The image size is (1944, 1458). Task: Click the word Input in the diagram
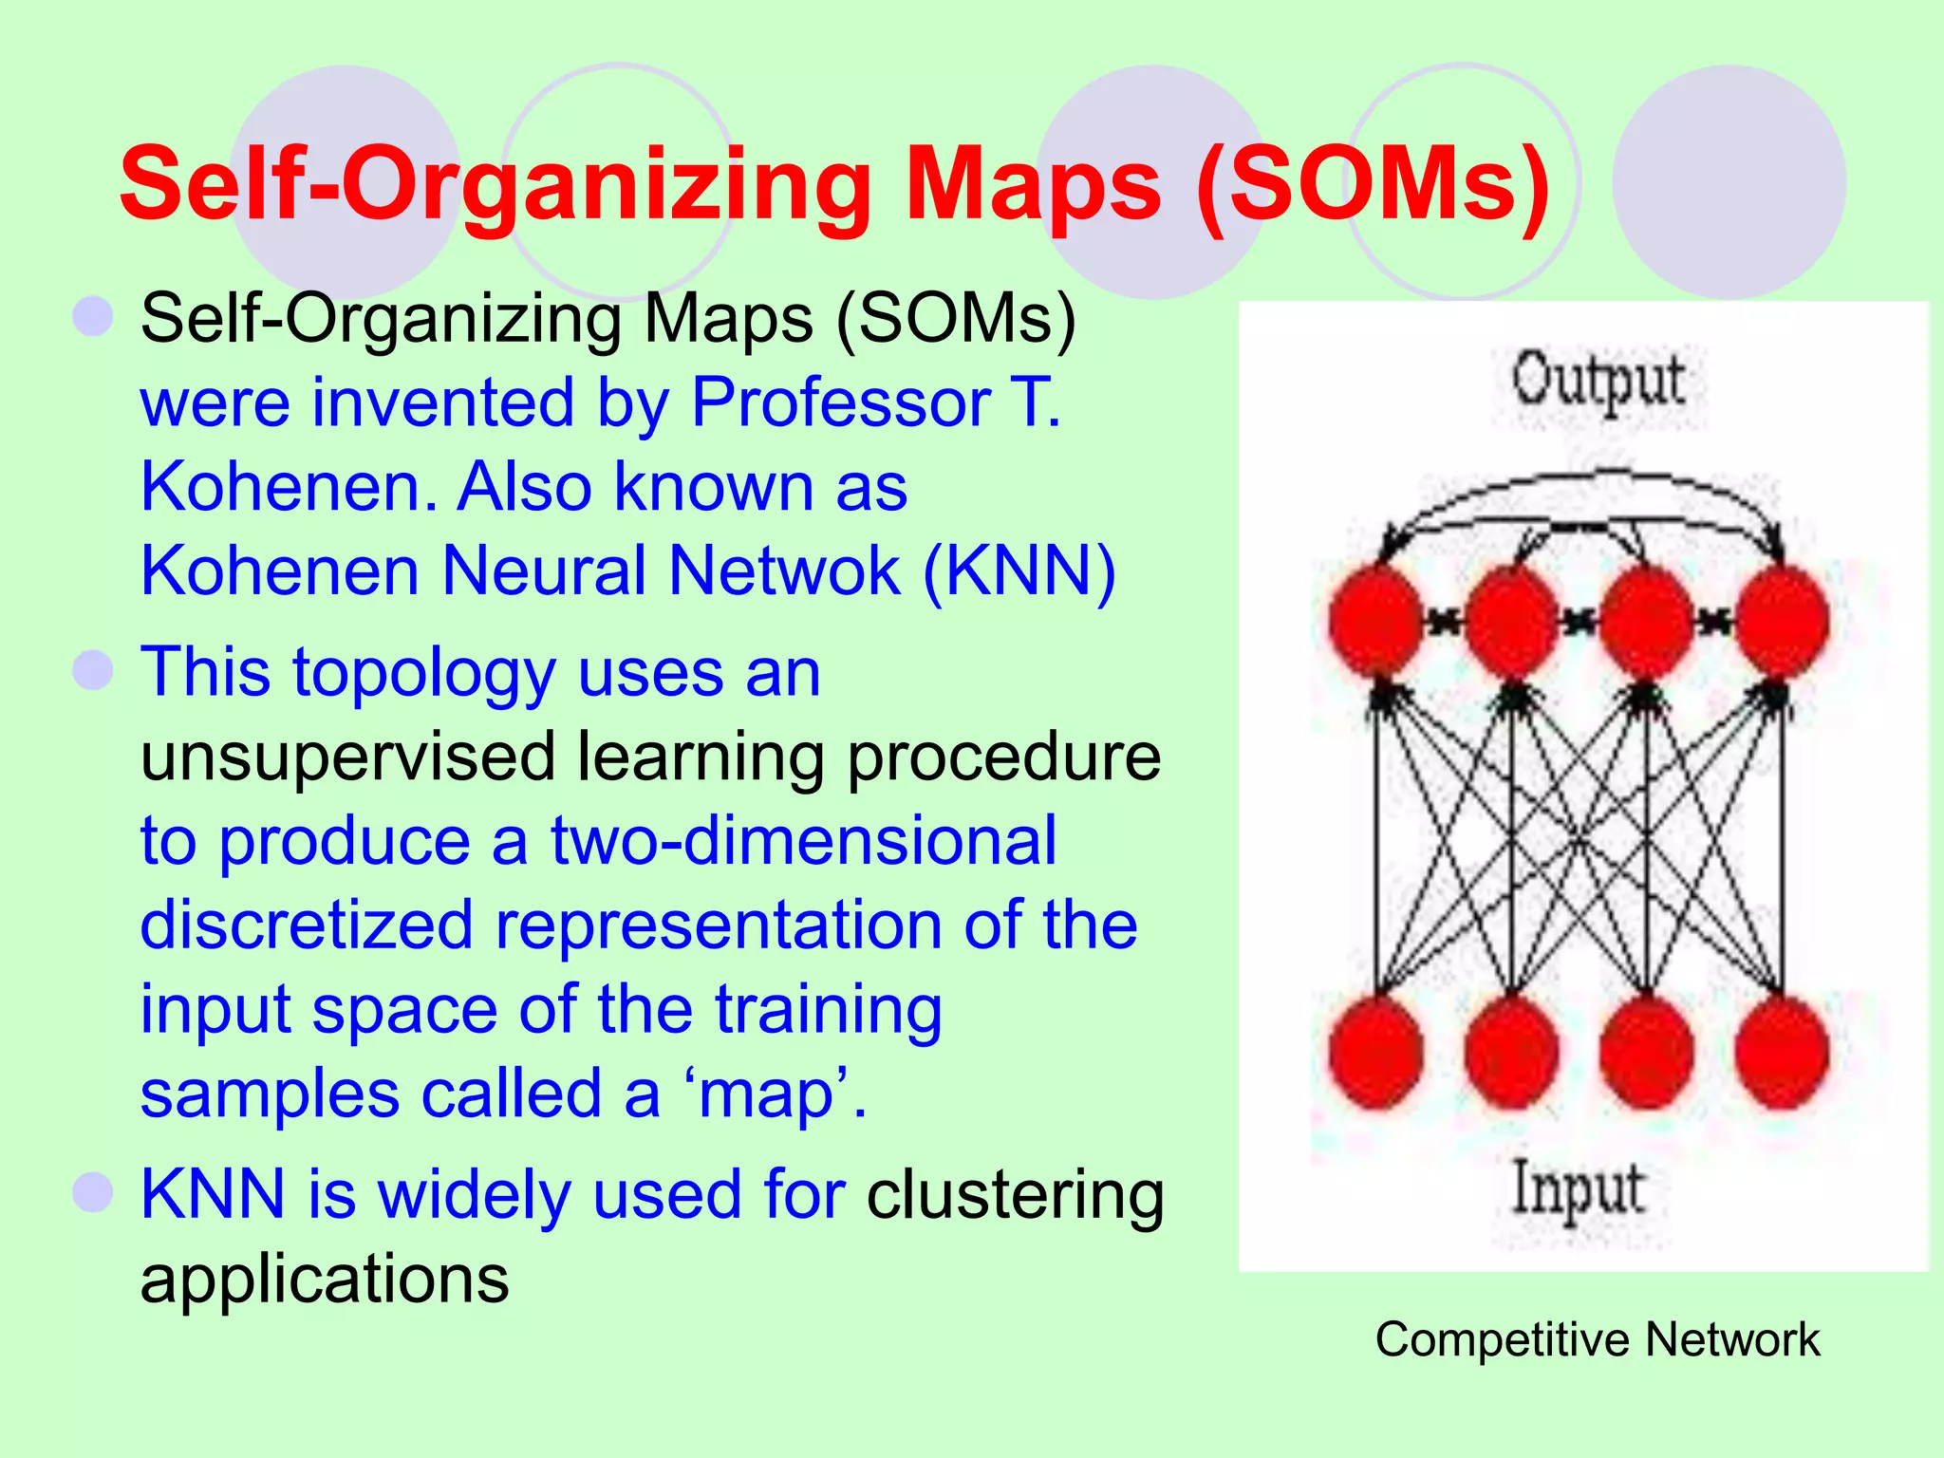[1577, 1189]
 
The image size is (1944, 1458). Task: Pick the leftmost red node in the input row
[1375, 1053]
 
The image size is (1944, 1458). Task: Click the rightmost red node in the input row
[1782, 1053]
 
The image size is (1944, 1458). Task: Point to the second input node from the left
[1511, 1053]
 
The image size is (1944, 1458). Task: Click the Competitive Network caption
[1597, 1339]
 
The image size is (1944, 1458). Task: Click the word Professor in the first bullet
[841, 402]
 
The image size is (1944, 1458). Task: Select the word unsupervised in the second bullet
[347, 757]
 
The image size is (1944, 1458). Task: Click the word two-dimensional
[803, 842]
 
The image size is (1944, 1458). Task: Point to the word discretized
[306, 925]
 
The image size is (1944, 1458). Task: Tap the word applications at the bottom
[325, 1279]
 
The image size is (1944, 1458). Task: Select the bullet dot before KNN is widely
[93, 1192]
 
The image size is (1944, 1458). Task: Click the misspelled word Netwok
[784, 571]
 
